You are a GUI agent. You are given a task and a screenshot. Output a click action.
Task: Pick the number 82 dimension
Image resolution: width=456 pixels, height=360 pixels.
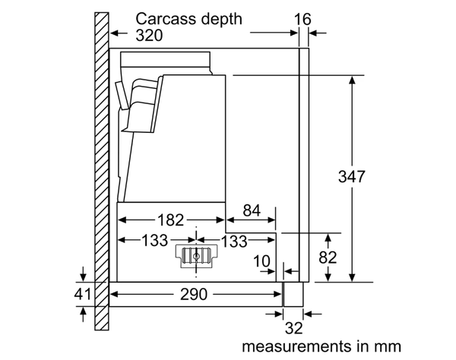click(x=327, y=257)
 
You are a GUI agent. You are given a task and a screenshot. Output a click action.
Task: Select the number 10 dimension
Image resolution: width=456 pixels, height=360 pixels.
click(x=261, y=261)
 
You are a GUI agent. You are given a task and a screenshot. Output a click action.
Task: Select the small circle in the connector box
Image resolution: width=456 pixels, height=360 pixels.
click(x=197, y=257)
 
